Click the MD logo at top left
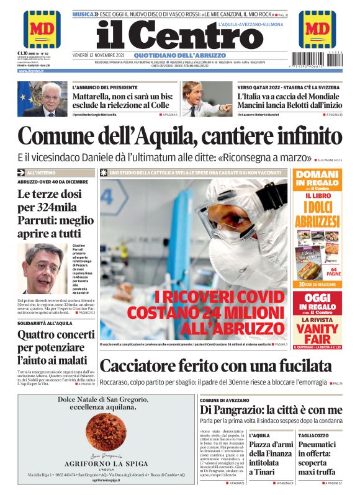click(42, 29)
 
